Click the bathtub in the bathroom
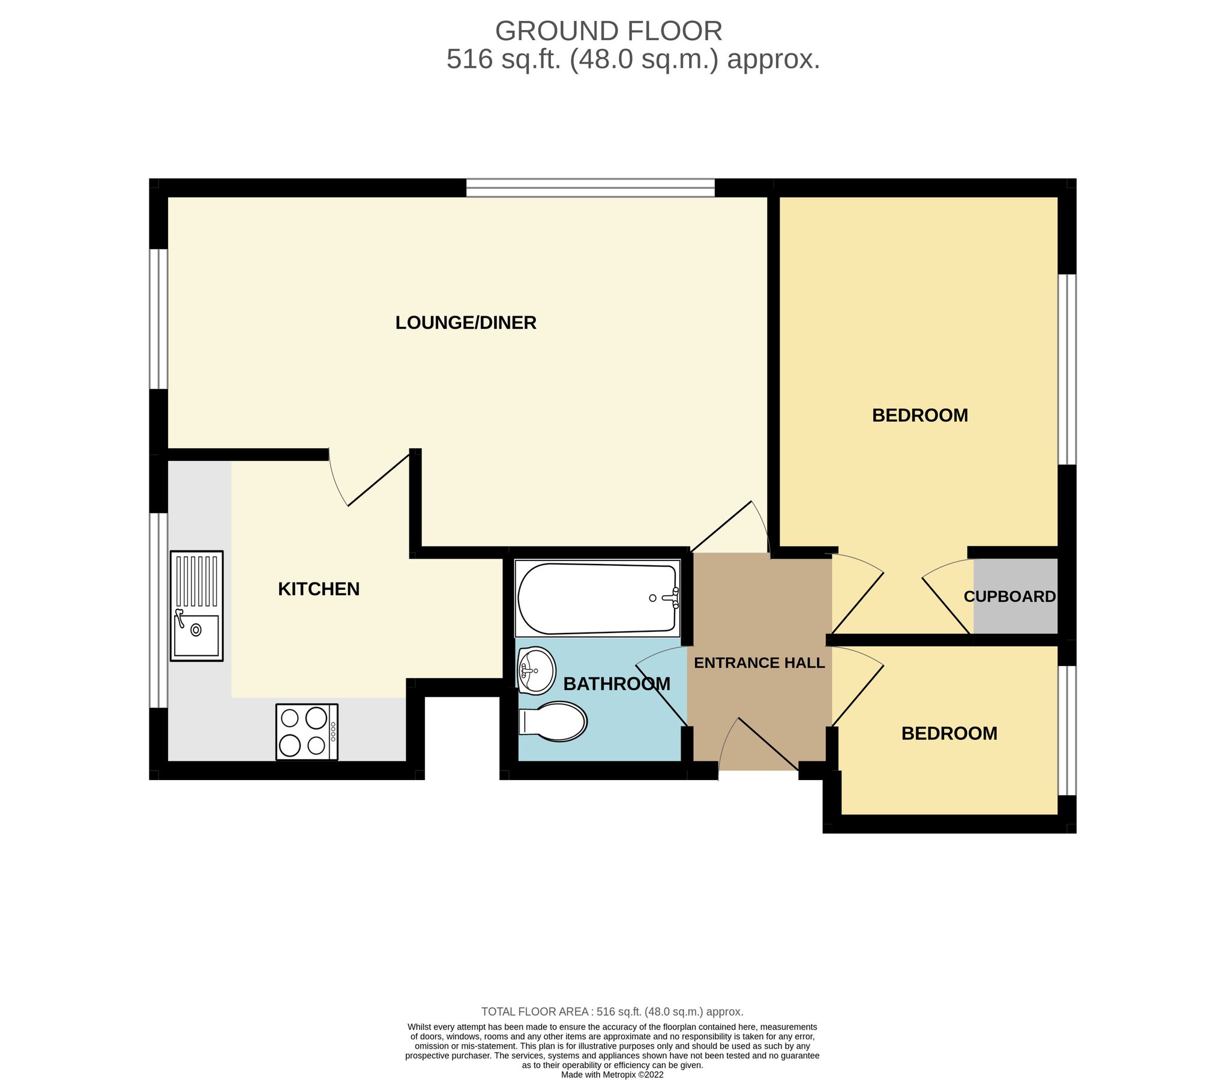[597, 599]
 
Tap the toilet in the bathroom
[553, 721]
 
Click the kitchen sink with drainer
[196, 606]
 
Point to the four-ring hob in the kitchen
[307, 732]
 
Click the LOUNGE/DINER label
[465, 323]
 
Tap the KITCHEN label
[319, 589]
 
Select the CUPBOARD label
[1010, 596]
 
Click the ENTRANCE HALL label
[759, 663]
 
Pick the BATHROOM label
[616, 684]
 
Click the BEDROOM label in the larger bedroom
[920, 415]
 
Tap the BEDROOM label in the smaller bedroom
[949, 733]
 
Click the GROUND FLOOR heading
[608, 31]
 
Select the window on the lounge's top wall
[591, 188]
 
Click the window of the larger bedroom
[1067, 369]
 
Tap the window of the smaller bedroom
[1067, 730]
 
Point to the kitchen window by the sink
[158, 610]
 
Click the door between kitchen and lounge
[378, 478]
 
